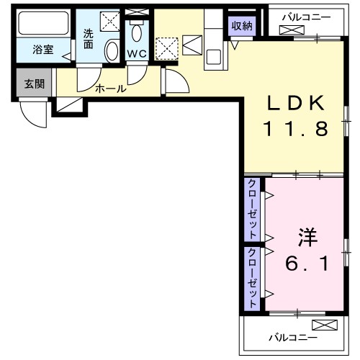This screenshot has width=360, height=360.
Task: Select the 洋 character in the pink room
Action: pyautogui.click(x=307, y=235)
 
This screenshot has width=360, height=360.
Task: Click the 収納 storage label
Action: pyautogui.click(x=241, y=26)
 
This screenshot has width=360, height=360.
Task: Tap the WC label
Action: pyautogui.click(x=137, y=54)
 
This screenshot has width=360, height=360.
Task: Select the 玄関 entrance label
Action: pyautogui.click(x=33, y=84)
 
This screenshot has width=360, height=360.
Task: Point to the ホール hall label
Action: pyautogui.click(x=111, y=89)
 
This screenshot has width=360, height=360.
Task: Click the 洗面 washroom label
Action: pyautogui.click(x=88, y=37)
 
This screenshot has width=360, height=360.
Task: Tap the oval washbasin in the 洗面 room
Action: pyautogui.click(x=112, y=51)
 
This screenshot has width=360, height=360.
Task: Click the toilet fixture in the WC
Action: pyautogui.click(x=137, y=32)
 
